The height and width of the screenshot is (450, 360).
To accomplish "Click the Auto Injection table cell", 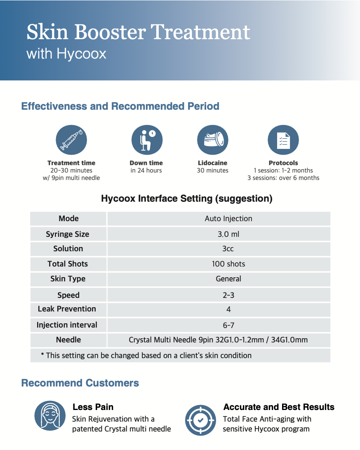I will pyautogui.click(x=228, y=219).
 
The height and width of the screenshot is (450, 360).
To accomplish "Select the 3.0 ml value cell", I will pyautogui.click(x=228, y=234).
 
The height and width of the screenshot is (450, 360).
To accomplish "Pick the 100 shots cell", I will pyautogui.click(x=228, y=264).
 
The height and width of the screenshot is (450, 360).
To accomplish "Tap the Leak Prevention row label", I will pyautogui.click(x=67, y=309).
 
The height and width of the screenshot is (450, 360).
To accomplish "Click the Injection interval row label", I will pyautogui.click(x=67, y=325).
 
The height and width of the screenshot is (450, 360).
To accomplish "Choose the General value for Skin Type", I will pyautogui.click(x=228, y=279).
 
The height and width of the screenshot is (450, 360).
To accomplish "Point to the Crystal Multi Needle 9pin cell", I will pyautogui.click(x=218, y=340).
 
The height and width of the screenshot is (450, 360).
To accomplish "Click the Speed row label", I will pyautogui.click(x=68, y=295).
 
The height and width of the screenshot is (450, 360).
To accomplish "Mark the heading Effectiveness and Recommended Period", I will pyautogui.click(x=120, y=106).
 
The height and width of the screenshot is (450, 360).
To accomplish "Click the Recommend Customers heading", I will pyautogui.click(x=80, y=383).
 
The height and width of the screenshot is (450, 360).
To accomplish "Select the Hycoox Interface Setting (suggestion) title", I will pyautogui.click(x=186, y=199).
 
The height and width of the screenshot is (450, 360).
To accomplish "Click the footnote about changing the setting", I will pyautogui.click(x=146, y=355).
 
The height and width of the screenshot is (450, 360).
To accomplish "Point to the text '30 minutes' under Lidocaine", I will pyautogui.click(x=212, y=170).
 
